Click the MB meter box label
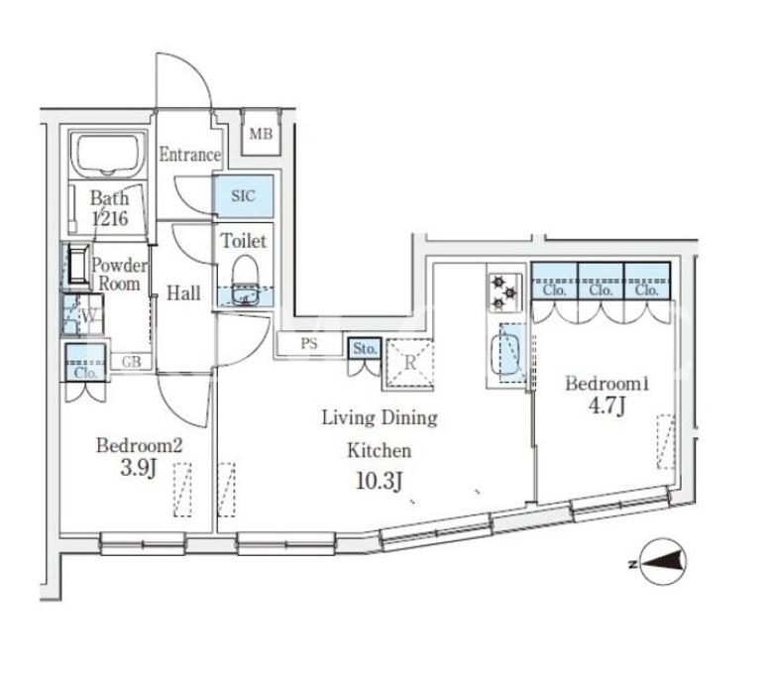tap(261, 134)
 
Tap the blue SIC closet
tap(244, 196)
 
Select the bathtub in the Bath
tap(108, 155)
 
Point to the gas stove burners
tap(505, 292)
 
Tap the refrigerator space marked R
tap(409, 363)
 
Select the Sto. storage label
tap(365, 349)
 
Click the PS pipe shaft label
tap(309, 344)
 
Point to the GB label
tap(131, 362)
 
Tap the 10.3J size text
tap(379, 481)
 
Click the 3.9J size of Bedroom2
tap(138, 468)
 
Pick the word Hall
tap(183, 293)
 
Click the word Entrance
tap(189, 155)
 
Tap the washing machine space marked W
tap(82, 314)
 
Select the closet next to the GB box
tap(85, 363)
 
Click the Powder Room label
tap(120, 275)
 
